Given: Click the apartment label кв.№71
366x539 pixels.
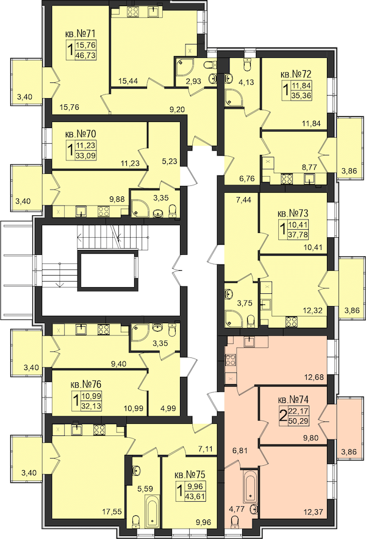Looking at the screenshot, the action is pyautogui.click(x=80, y=34).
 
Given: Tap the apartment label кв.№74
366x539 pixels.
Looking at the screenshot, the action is pyautogui.click(x=293, y=400).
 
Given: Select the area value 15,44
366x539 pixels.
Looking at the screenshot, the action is pyautogui.click(x=128, y=81).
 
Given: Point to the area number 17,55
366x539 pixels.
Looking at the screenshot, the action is pyautogui.click(x=112, y=512).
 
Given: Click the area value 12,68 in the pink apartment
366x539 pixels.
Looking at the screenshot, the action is pyautogui.click(x=314, y=377).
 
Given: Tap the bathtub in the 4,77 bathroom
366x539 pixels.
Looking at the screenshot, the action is pyautogui.click(x=250, y=487).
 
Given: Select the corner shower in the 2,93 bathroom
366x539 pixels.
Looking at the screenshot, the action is pyautogui.click(x=184, y=67).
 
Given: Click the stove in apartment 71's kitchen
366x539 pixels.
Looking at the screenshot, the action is pyautogui.click(x=133, y=12).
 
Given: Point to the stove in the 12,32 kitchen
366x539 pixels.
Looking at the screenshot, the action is pyautogui.click(x=292, y=321).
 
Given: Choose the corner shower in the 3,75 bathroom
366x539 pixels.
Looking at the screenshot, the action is pyautogui.click(x=234, y=319).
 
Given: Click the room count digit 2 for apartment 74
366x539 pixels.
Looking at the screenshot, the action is pyautogui.click(x=283, y=416).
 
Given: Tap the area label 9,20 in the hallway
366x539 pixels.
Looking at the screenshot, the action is pyautogui.click(x=178, y=110).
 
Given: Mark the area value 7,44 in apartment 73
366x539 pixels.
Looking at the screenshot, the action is pyautogui.click(x=243, y=200).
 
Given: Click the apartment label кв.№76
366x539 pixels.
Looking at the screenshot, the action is pyautogui.click(x=86, y=384).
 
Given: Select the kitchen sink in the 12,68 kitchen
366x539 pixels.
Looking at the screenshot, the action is pyautogui.click(x=249, y=342).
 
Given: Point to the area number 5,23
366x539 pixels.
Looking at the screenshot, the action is pyautogui.click(x=170, y=160).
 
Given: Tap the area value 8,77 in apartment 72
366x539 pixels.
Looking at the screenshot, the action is pyautogui.click(x=309, y=168).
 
